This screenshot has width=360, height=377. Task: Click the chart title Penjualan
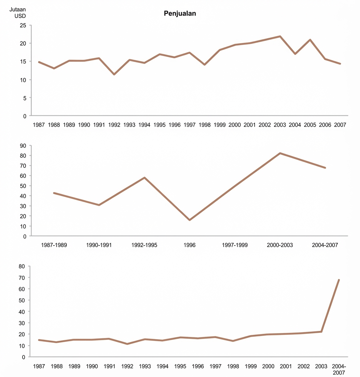point(180,14)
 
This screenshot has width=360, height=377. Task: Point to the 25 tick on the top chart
point(23,25)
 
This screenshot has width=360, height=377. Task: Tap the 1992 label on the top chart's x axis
point(114,125)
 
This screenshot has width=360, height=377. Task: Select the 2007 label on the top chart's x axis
point(340,125)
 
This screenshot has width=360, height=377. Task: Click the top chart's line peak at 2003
point(280,36)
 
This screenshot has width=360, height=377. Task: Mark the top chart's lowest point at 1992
point(114,74)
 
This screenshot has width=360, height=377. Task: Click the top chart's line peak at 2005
point(310,40)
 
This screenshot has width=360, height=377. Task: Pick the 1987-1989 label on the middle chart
point(54,245)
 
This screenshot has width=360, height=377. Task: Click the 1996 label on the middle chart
point(189,245)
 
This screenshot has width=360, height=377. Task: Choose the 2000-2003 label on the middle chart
point(280,245)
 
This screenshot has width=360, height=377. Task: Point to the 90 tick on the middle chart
point(23,146)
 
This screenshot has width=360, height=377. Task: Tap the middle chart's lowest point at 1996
point(189,220)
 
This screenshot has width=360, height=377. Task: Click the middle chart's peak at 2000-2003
point(280,153)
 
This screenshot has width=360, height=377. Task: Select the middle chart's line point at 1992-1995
point(144,177)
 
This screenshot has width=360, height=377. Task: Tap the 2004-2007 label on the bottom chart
point(339,369)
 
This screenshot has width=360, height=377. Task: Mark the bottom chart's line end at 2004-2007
point(339,280)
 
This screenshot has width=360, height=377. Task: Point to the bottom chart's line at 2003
point(321,332)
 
